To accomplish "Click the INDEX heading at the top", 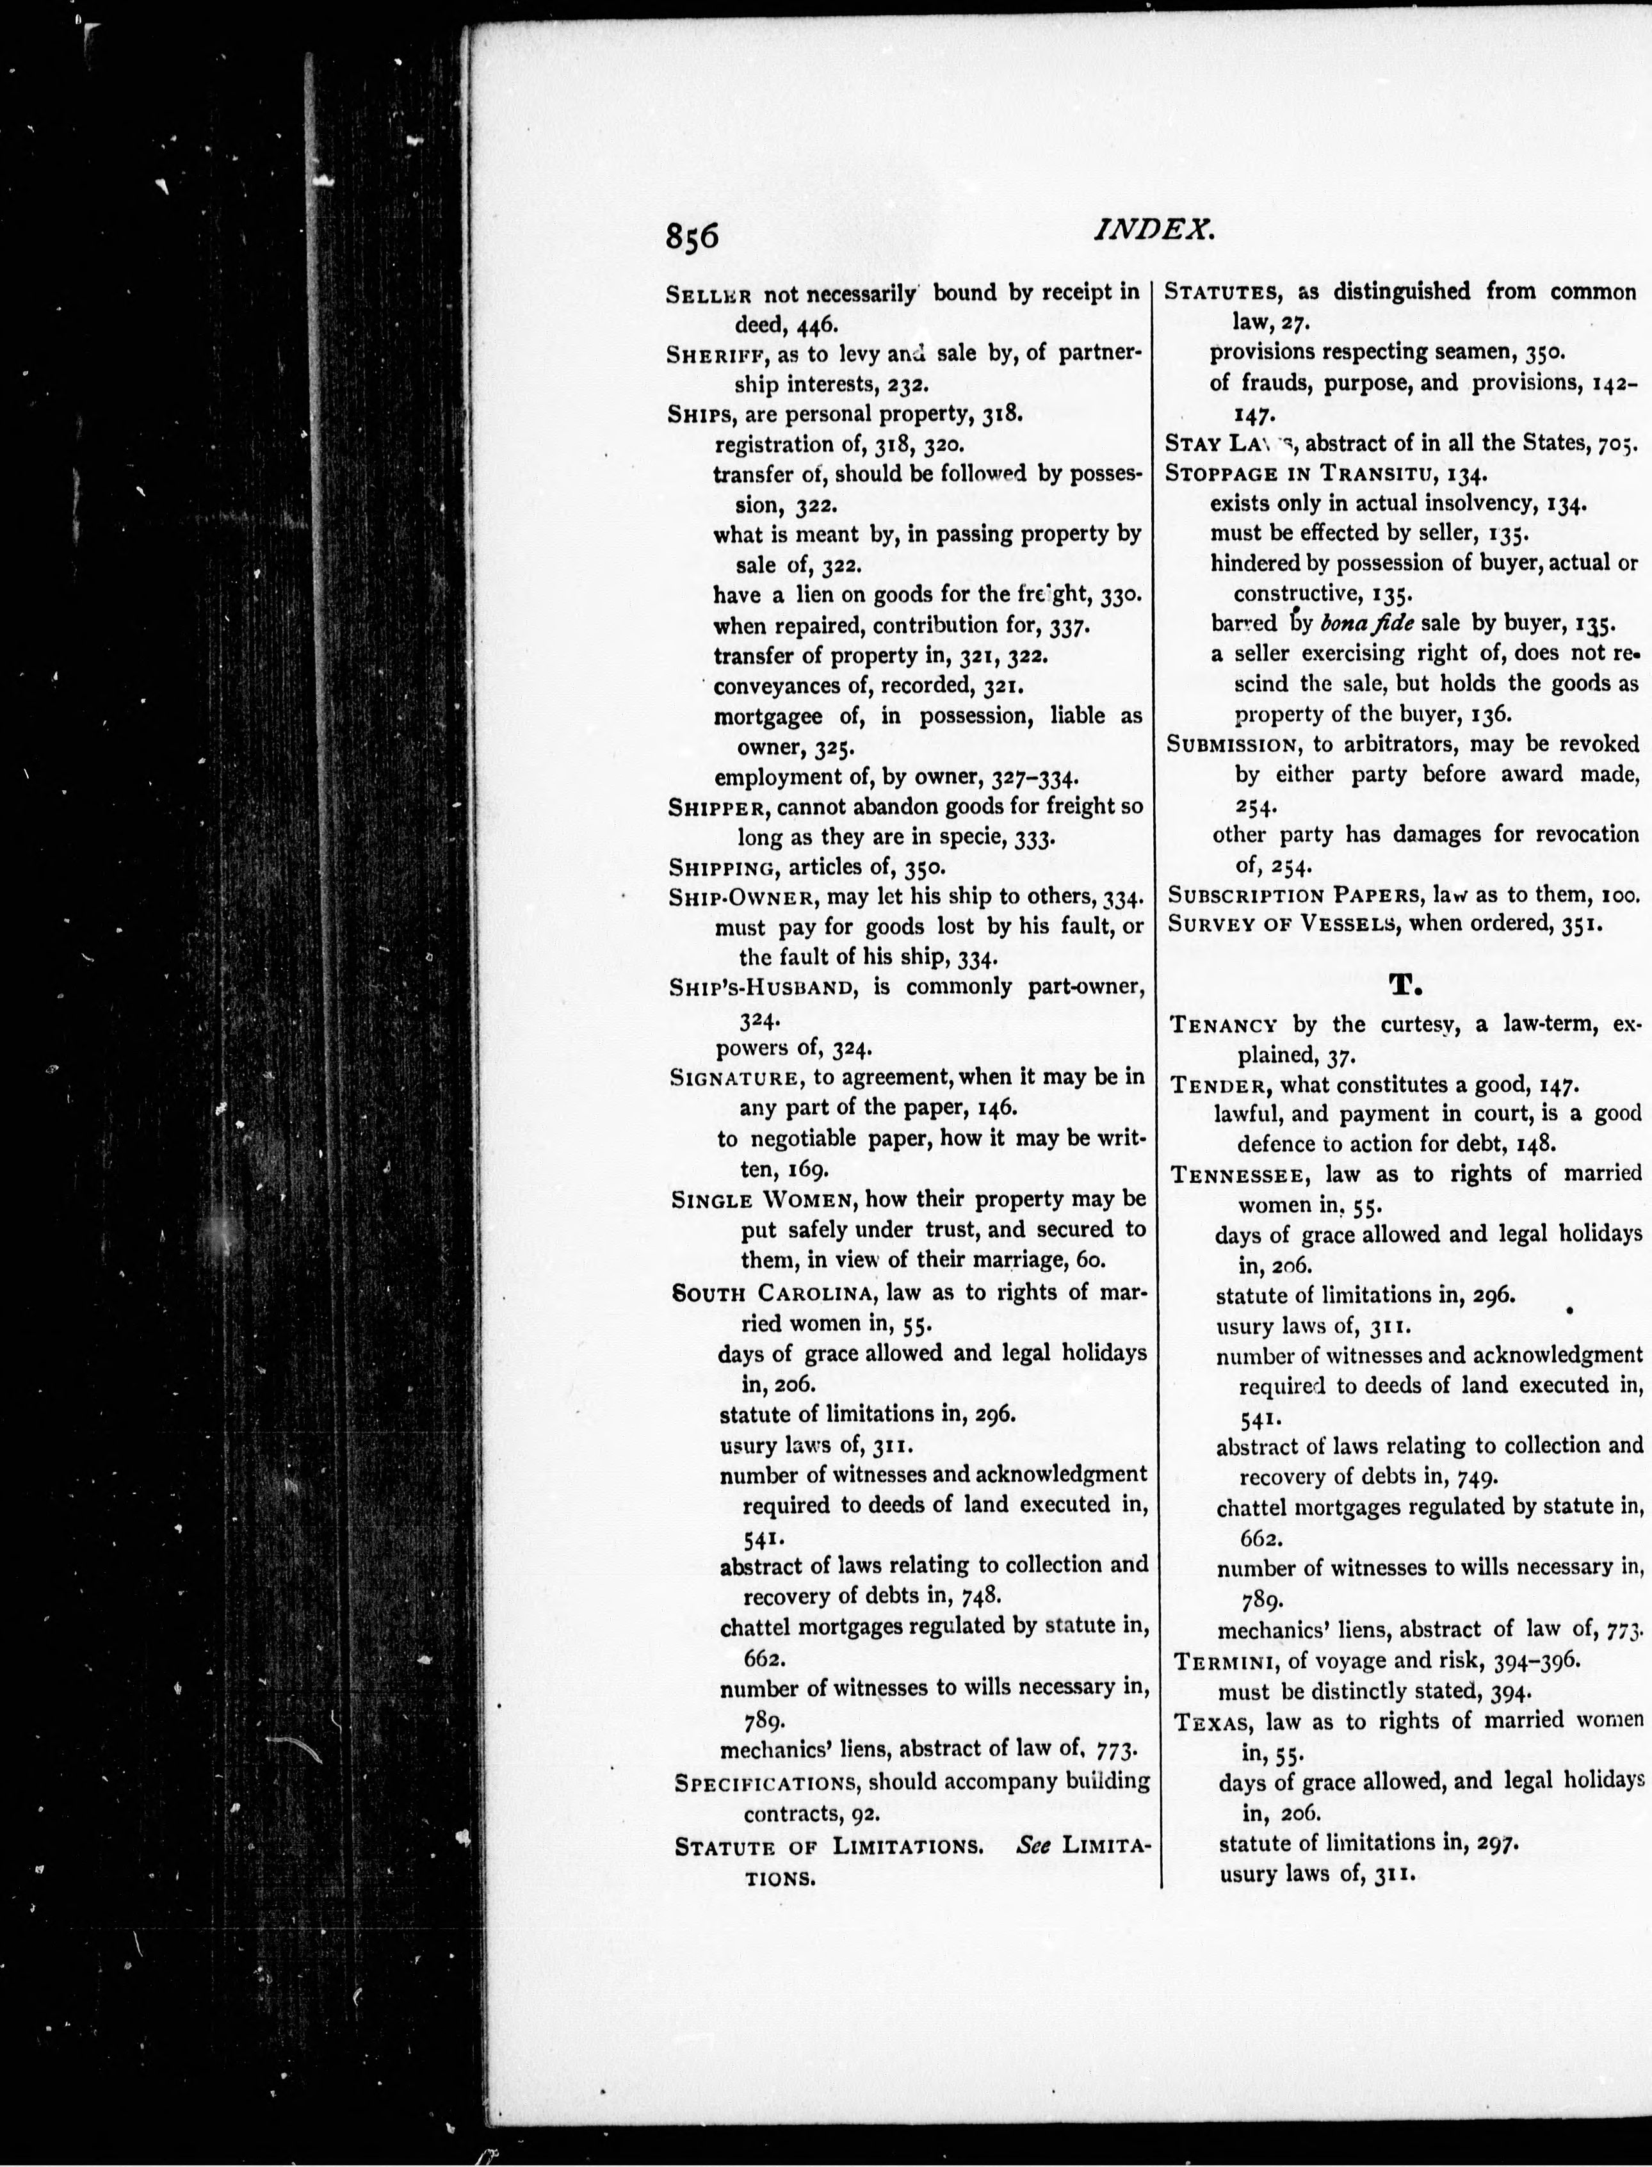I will [x=1154, y=230].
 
